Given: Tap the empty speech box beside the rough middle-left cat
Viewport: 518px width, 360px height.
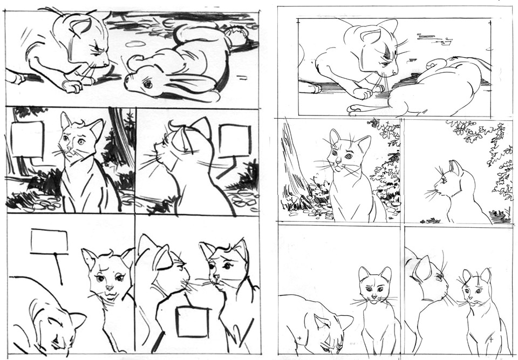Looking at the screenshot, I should (27, 139).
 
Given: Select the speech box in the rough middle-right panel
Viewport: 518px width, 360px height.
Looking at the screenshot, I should (235, 141).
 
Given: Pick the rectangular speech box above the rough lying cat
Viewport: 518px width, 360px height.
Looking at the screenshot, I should (49, 241).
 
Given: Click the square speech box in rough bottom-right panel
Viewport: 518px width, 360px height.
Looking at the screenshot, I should (192, 322).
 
